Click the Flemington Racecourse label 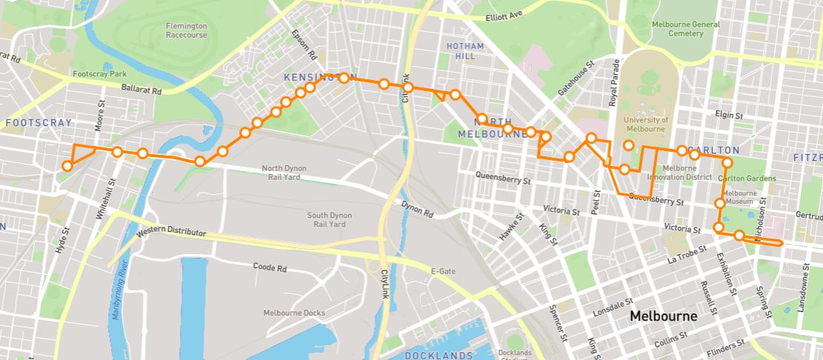(187, 30)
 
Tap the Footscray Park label (100, 74)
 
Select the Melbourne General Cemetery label (686, 28)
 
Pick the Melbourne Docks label (294, 313)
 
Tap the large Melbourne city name (663, 316)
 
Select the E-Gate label (443, 272)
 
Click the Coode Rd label (270, 267)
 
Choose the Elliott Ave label (504, 15)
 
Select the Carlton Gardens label (747, 179)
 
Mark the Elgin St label (730, 115)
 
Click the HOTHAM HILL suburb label (465, 51)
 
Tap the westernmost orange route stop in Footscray (67, 166)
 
